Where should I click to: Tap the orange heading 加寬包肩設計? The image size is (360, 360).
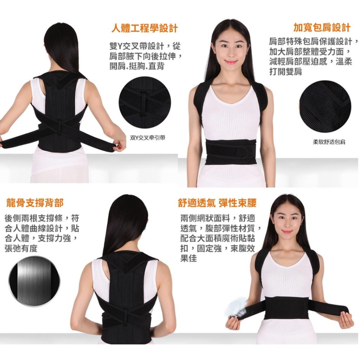click(321, 27)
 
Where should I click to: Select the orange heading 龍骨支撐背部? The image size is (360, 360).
click(35, 203)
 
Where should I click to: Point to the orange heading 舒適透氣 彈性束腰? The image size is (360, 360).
click(217, 203)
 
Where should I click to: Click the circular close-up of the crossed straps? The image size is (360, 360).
click(145, 102)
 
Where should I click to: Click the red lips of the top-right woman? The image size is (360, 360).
click(231, 62)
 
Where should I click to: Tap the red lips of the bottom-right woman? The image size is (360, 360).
click(287, 232)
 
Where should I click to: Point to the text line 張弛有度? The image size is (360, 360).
click(21, 249)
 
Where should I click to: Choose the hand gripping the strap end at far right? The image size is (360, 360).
click(346, 320)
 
